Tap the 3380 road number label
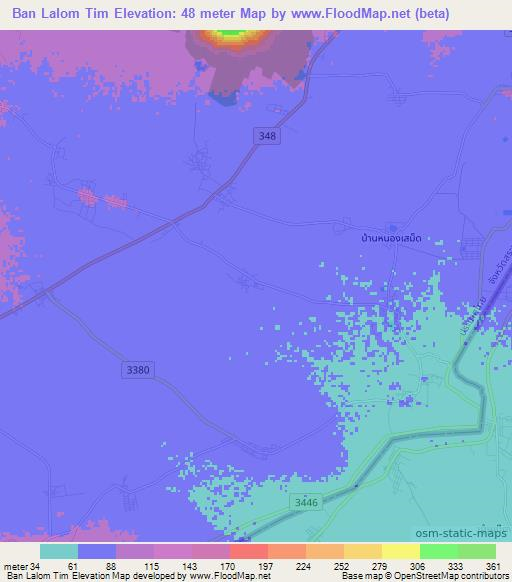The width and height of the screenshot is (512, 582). point(139,370)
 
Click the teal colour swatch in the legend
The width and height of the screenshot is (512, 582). point(59,551)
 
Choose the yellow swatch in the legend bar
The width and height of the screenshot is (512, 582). point(362,551)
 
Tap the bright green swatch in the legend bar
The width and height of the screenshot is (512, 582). point(438,551)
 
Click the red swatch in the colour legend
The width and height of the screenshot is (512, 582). point(248,551)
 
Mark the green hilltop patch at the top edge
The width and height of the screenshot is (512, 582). point(230,34)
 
